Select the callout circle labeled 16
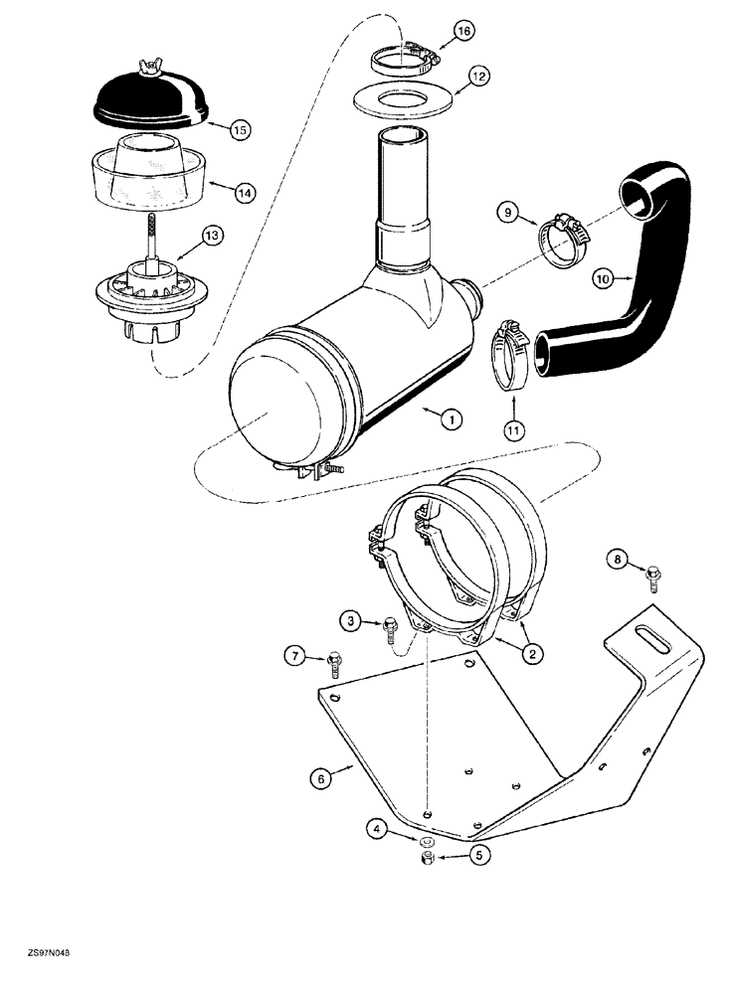pyautogui.click(x=462, y=33)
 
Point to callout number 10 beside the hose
pyautogui.click(x=602, y=279)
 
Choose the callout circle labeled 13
pyautogui.click(x=211, y=236)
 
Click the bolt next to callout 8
pyautogui.click(x=652, y=575)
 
